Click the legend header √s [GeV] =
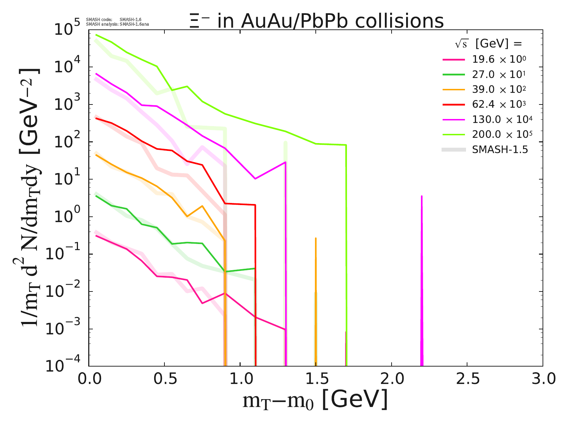click(x=489, y=44)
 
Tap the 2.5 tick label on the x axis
click(x=467, y=379)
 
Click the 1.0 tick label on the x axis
click(x=240, y=379)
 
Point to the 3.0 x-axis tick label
click(x=543, y=379)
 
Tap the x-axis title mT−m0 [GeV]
click(x=315, y=400)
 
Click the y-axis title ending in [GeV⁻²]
click(x=30, y=198)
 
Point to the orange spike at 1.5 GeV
click(x=316, y=301)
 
